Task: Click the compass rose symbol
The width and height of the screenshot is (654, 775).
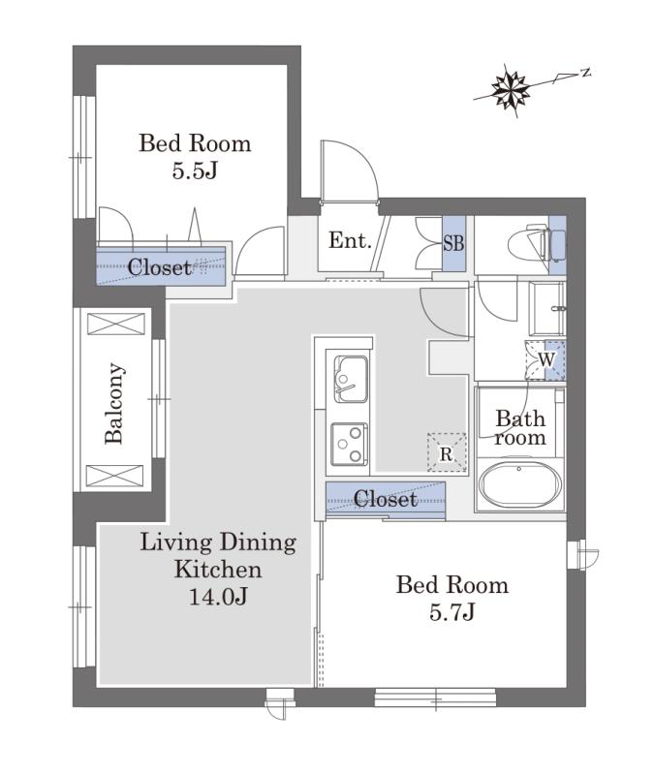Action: [x=511, y=90]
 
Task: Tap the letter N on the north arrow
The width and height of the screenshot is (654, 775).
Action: [x=586, y=73]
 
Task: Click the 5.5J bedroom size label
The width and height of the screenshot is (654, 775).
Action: [x=196, y=171]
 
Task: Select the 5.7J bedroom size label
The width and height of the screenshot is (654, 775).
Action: [x=452, y=612]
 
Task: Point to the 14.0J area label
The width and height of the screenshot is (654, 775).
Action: [x=218, y=597]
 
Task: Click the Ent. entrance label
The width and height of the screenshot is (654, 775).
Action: [x=350, y=240]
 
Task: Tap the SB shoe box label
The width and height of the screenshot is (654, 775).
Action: [x=453, y=243]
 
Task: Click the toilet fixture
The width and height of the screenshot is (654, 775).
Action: [x=537, y=244]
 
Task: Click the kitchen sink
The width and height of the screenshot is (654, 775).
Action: [x=352, y=379]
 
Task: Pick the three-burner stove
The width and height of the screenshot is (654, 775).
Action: [x=350, y=444]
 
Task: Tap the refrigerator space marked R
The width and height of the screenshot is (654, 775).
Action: [x=447, y=452]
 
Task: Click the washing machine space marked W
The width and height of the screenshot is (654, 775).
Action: [x=545, y=359]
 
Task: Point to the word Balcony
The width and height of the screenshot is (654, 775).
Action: [x=114, y=403]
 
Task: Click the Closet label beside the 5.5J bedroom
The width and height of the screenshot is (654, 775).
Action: [x=160, y=267]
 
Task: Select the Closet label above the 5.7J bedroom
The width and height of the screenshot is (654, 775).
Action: [x=386, y=499]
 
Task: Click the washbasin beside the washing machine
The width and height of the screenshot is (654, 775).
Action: [x=547, y=309]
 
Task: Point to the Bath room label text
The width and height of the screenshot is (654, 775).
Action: [x=520, y=428]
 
